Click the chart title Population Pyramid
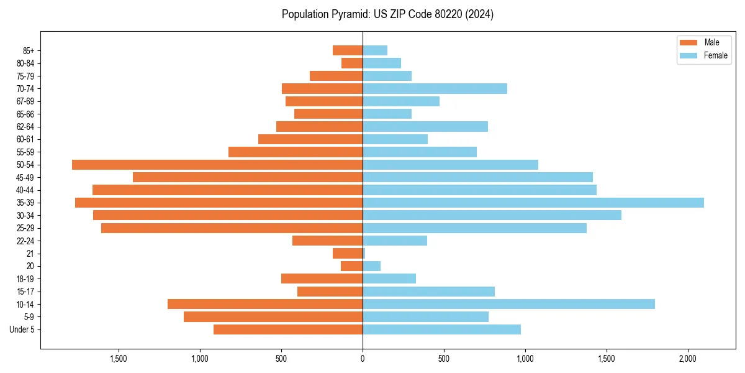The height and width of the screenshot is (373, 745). tap(387, 14)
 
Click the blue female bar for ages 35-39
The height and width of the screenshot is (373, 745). tap(533, 203)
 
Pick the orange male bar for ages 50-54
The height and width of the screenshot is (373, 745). tap(217, 165)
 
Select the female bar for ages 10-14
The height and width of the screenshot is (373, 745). tap(508, 304)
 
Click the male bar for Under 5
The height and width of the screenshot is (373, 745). tap(288, 329)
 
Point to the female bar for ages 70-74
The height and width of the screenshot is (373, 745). tap(435, 88)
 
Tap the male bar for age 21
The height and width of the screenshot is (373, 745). tap(348, 254)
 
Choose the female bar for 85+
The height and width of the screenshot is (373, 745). tap(375, 50)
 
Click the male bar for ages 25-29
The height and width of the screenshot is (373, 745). tap(232, 228)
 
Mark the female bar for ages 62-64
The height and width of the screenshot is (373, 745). tap(425, 127)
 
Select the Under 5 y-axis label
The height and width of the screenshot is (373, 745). tap(22, 329)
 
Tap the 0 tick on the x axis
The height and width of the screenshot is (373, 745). tap(363, 359)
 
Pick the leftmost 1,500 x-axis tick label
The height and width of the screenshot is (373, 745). tap(119, 359)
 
